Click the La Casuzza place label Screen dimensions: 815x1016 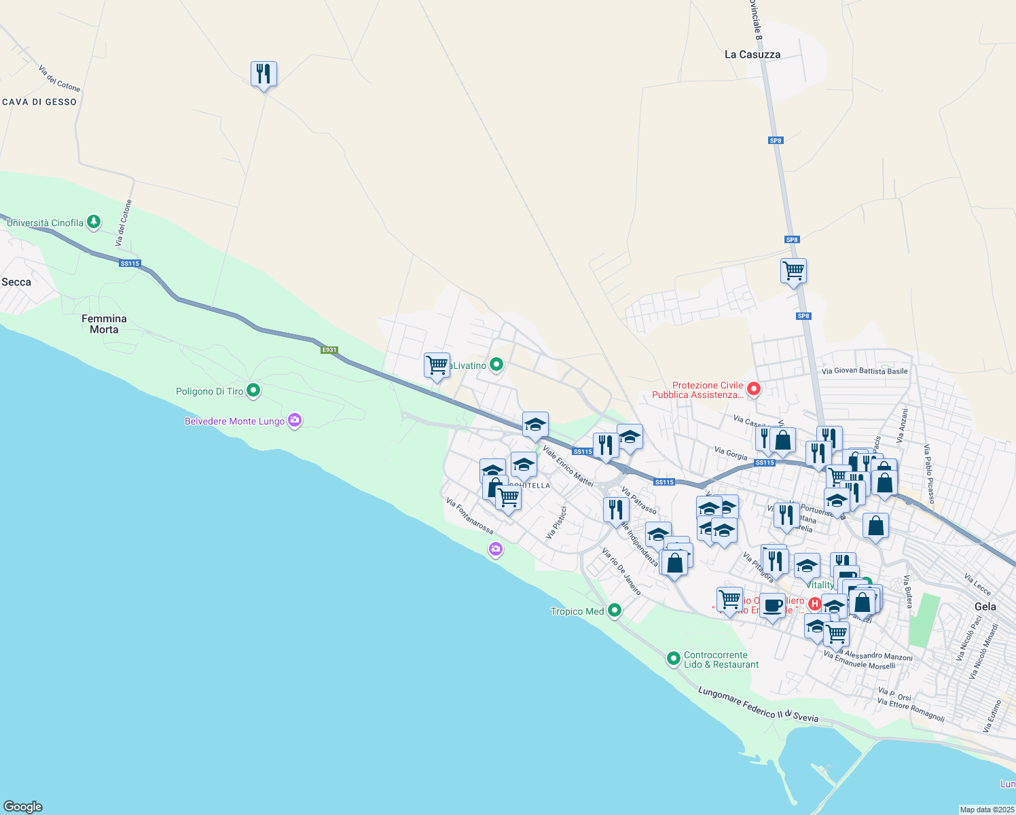pos(752,54)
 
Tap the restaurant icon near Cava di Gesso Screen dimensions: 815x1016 pos(264,74)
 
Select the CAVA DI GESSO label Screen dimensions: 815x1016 pos(39,102)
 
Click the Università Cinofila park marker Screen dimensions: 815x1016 pos(94,222)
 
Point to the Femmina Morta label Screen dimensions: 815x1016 pos(104,324)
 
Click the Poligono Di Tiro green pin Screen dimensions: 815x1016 pos(253,391)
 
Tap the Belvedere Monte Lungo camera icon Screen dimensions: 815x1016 pos(295,420)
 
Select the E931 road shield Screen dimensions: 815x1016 pos(329,350)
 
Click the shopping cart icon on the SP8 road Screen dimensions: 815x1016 pos(793,271)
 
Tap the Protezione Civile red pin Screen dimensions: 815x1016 pos(753,389)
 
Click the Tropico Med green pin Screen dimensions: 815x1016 pos(615,611)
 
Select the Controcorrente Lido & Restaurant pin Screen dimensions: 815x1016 pos(673,658)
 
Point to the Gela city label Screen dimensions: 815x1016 pos(985,606)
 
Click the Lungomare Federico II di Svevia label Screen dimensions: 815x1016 pos(758,705)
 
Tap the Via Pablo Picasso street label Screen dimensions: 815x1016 pos(929,474)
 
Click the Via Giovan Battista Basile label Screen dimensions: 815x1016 pos(864,371)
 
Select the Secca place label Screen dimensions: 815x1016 pos(16,282)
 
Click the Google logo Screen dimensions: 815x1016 pos(23,806)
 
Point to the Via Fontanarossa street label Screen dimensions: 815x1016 pos(470,516)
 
